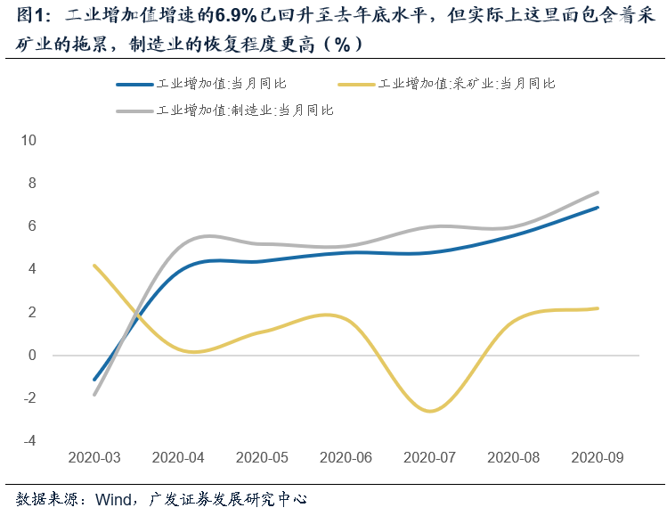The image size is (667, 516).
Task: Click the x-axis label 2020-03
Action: pos(94,457)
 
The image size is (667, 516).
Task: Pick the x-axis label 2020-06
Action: pos(346,457)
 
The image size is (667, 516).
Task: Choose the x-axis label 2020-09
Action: pos(597,457)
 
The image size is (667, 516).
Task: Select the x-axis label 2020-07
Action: pos(429,457)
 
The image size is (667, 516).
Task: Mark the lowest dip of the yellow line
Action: pos(430,411)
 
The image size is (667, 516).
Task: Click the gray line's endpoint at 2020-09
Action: pos(598,192)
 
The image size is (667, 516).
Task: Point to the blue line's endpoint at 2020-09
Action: pos(598,208)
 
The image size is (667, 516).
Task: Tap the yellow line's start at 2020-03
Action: pos(94,266)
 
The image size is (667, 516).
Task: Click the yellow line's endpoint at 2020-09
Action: pos(598,308)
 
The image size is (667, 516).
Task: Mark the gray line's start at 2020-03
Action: pos(94,394)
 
